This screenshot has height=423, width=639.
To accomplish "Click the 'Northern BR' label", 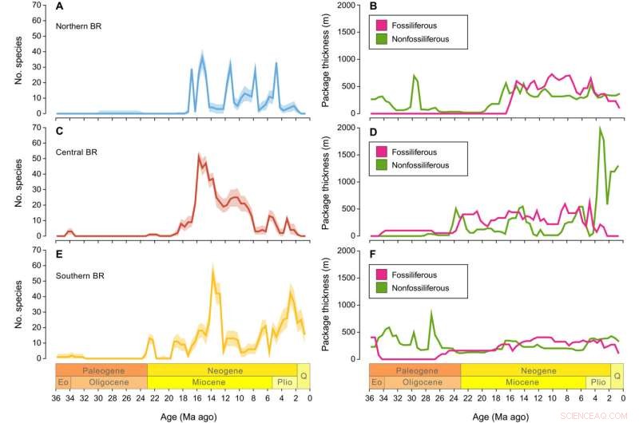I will (x=78, y=26).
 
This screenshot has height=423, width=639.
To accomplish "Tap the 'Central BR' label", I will (x=77, y=149).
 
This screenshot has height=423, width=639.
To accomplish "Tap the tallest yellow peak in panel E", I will (x=212, y=273).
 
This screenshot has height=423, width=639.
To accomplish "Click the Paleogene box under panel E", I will (x=101, y=370).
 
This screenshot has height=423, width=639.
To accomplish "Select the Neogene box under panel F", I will (x=535, y=370).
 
